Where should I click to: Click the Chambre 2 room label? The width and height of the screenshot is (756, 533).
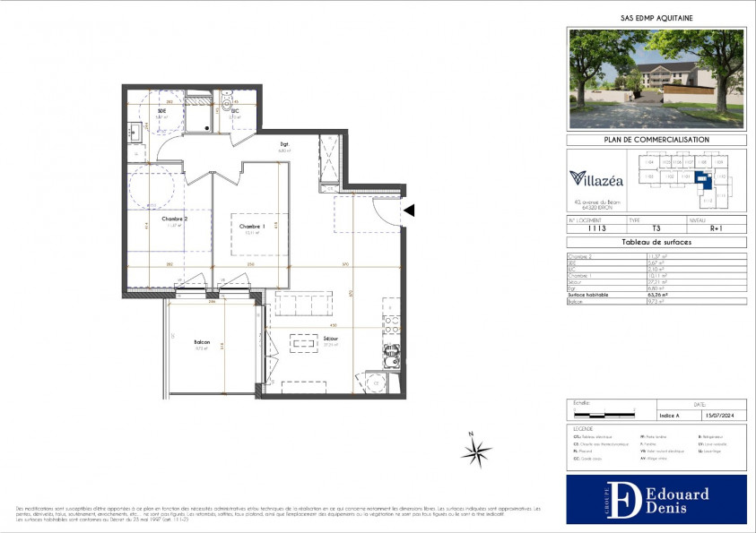click(174, 219)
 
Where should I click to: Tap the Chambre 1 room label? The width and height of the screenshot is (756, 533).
click(249, 228)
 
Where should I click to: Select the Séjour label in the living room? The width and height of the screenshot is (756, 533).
click(331, 338)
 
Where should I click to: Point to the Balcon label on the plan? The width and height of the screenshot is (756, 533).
click(202, 342)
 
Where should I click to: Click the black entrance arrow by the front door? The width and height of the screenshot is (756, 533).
click(408, 211)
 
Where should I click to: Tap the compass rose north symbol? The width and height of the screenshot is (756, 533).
click(476, 451)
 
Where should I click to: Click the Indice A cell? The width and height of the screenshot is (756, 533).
click(670, 415)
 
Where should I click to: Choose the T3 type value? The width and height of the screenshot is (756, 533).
click(656, 228)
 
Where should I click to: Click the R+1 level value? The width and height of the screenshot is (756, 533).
click(715, 228)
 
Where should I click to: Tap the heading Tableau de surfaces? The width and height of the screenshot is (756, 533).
click(656, 243)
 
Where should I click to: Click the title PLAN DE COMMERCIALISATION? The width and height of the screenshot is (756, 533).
click(656, 140)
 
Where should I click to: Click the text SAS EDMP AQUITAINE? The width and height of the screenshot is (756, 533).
click(656, 17)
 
